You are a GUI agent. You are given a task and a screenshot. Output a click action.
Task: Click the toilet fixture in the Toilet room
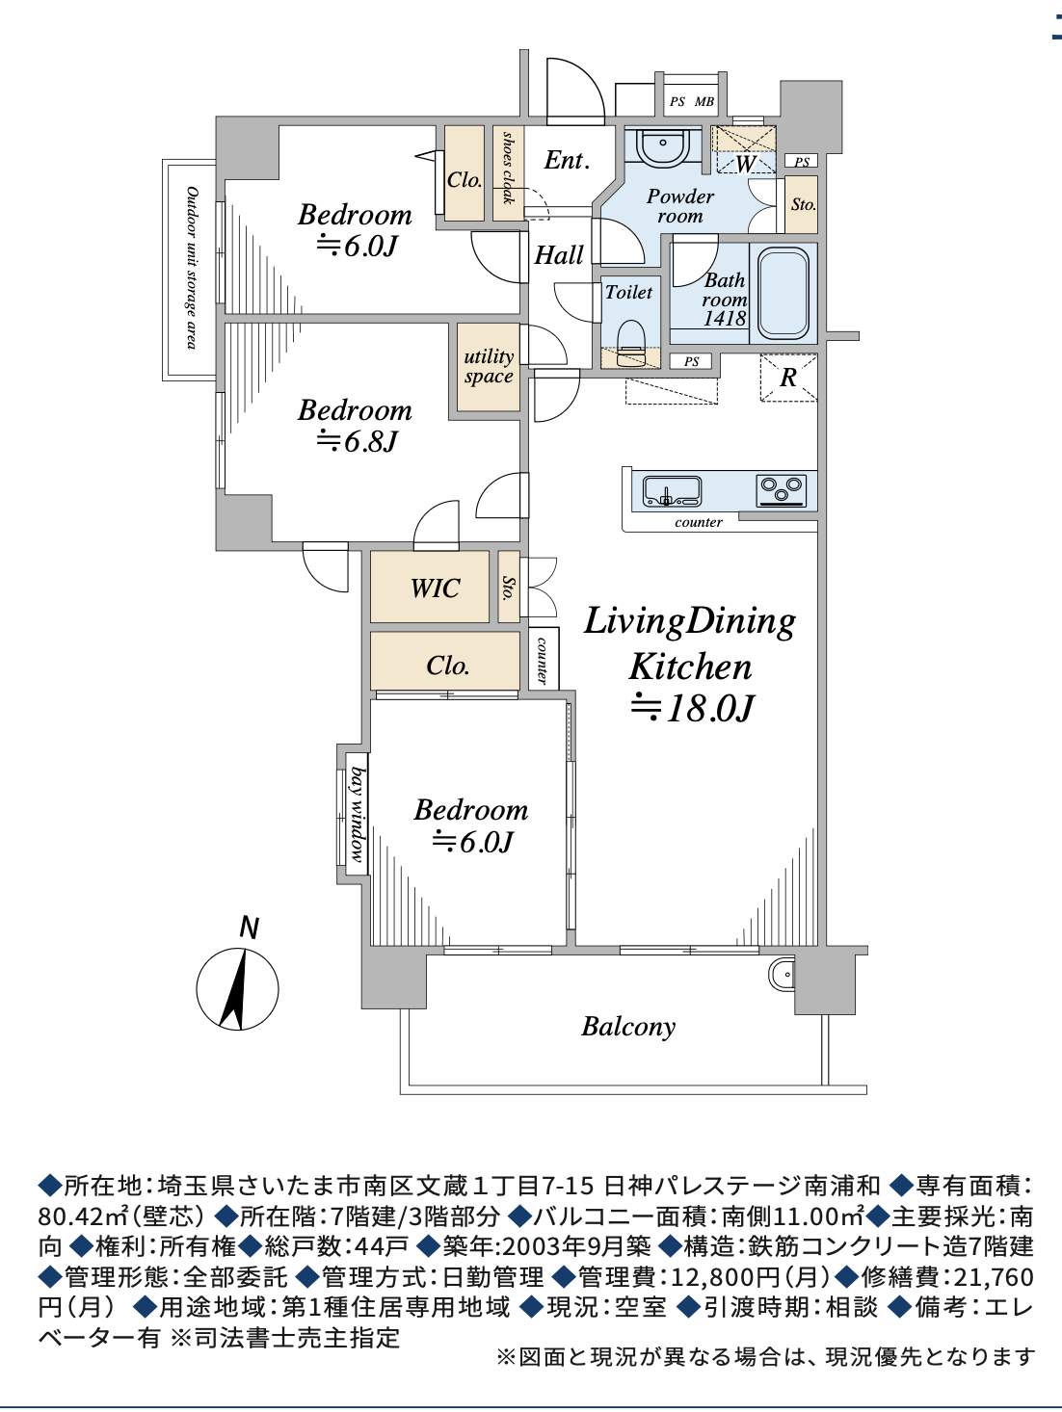630,338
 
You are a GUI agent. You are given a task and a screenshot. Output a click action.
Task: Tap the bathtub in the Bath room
783,293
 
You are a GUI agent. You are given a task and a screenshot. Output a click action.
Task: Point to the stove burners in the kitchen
782,490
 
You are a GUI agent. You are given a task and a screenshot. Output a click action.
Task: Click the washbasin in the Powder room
664,147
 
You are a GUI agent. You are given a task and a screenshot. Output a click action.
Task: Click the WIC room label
435,588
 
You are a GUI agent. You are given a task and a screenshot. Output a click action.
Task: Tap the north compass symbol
237,987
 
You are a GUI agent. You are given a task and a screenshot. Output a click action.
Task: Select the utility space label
489,366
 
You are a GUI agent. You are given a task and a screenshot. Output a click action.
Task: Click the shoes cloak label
508,169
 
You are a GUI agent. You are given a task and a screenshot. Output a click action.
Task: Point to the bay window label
357,814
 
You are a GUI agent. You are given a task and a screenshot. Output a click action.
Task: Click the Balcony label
628,1026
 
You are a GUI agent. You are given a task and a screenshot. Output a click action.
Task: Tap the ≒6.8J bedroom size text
357,441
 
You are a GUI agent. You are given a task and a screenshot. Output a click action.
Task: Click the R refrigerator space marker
788,378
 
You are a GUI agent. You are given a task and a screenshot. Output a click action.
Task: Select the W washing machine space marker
745,164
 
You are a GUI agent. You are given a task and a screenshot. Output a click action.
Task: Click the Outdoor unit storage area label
191,268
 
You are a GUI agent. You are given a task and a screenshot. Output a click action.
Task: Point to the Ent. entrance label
567,160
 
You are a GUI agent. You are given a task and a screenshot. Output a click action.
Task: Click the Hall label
559,255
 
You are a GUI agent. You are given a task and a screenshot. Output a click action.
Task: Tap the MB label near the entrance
704,101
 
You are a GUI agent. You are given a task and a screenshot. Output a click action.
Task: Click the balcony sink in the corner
782,974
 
